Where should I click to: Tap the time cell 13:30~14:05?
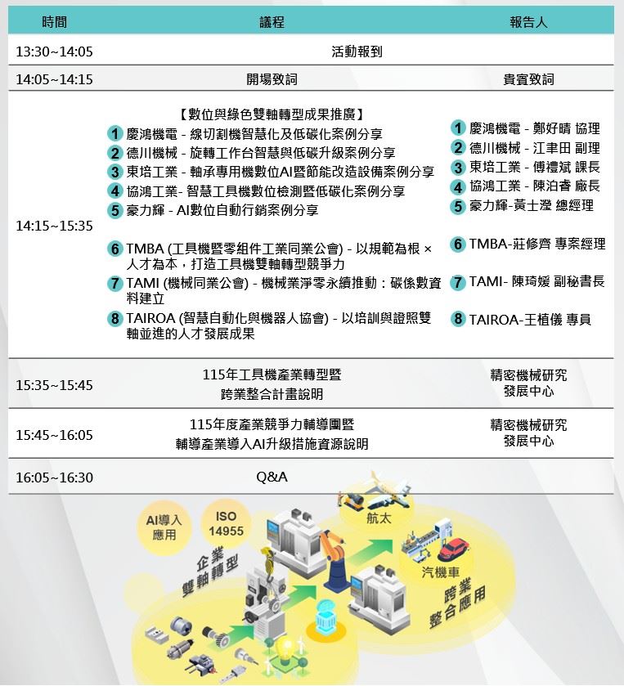click(x=54, y=52)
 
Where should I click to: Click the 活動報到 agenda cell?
click(x=357, y=52)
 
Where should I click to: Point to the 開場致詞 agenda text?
click(x=272, y=80)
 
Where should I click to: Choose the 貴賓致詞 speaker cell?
click(x=527, y=80)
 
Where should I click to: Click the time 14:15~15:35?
click(x=54, y=226)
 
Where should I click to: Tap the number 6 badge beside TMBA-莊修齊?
click(x=459, y=244)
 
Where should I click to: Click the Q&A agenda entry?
click(x=272, y=477)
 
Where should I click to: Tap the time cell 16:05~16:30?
click(x=54, y=478)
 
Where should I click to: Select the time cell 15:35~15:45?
click(x=54, y=385)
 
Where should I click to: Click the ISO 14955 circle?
click(x=227, y=525)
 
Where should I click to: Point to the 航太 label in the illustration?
click(x=378, y=518)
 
